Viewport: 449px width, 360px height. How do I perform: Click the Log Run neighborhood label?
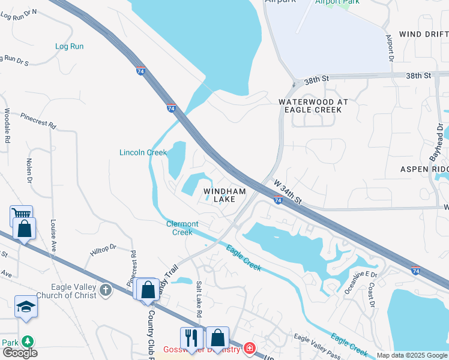point(69,46)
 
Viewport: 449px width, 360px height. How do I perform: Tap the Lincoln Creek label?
point(143,152)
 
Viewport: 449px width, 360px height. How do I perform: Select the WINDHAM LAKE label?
point(224,196)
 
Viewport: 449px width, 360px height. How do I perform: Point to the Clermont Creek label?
point(182,228)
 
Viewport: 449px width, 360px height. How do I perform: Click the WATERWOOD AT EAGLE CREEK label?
point(313,106)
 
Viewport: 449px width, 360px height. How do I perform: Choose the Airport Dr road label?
point(389,48)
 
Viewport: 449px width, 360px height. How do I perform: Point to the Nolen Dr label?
point(29,170)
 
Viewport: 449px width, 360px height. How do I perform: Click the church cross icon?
point(106,291)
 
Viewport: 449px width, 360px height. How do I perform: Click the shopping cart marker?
point(21,214)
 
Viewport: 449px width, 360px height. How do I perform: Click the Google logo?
point(20,353)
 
